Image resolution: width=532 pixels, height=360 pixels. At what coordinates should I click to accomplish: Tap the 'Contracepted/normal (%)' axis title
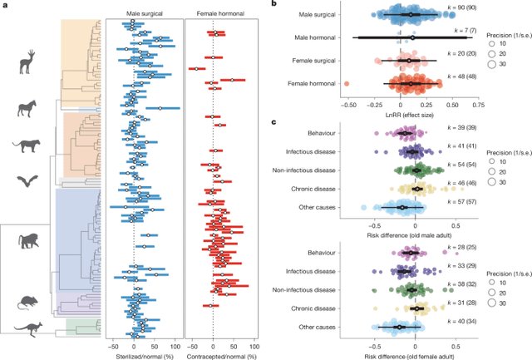tap(214, 353)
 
